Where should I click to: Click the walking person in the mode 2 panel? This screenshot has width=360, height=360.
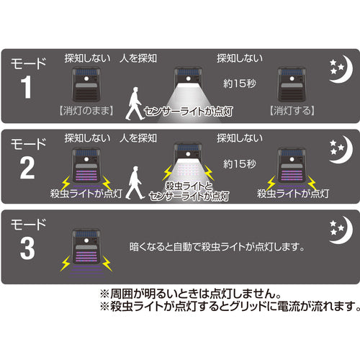point(132,184)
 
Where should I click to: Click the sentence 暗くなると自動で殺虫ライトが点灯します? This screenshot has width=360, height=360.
point(212,246)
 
